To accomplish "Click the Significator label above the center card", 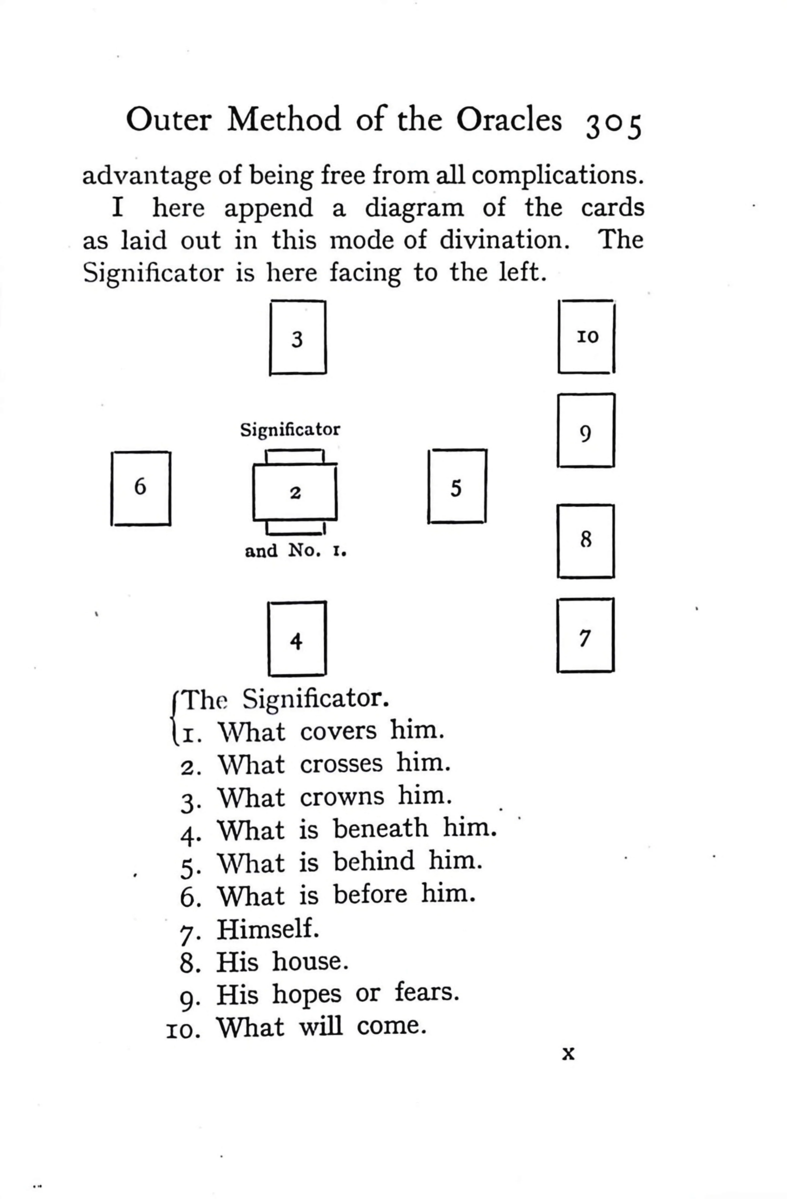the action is coord(290,430).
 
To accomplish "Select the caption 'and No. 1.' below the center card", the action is coord(296,551).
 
